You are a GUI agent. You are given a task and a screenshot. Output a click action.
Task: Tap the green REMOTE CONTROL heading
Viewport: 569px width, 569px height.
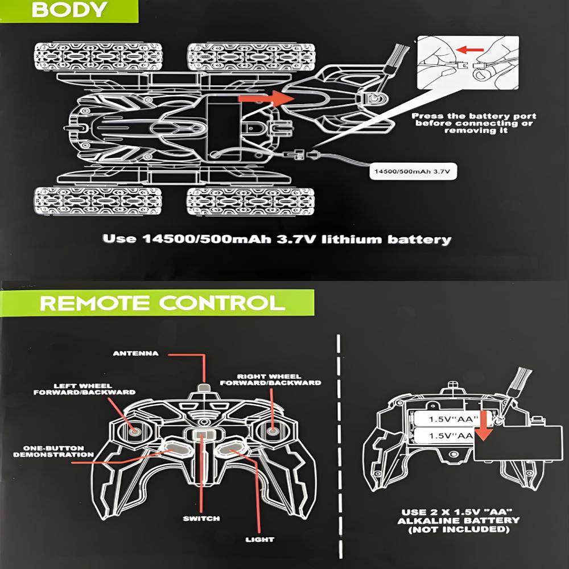tap(162, 302)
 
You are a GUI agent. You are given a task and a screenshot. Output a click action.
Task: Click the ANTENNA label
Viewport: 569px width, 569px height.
tap(135, 353)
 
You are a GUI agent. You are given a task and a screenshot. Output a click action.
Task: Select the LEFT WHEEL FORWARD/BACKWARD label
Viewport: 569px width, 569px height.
tap(85, 388)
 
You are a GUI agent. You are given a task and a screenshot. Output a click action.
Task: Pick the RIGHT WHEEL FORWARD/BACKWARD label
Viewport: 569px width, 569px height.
tap(278, 379)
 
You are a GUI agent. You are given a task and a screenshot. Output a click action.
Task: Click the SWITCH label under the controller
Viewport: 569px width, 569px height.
tap(201, 518)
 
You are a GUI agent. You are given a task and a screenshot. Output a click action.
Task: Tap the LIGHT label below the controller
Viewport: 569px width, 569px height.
tap(259, 539)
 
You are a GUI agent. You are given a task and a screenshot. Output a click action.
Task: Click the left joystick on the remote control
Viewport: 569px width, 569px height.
tap(136, 431)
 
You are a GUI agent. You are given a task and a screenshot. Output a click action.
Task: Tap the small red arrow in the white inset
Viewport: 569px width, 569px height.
tap(468, 50)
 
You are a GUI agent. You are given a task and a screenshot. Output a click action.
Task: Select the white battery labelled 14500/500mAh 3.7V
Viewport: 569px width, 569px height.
tap(413, 170)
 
